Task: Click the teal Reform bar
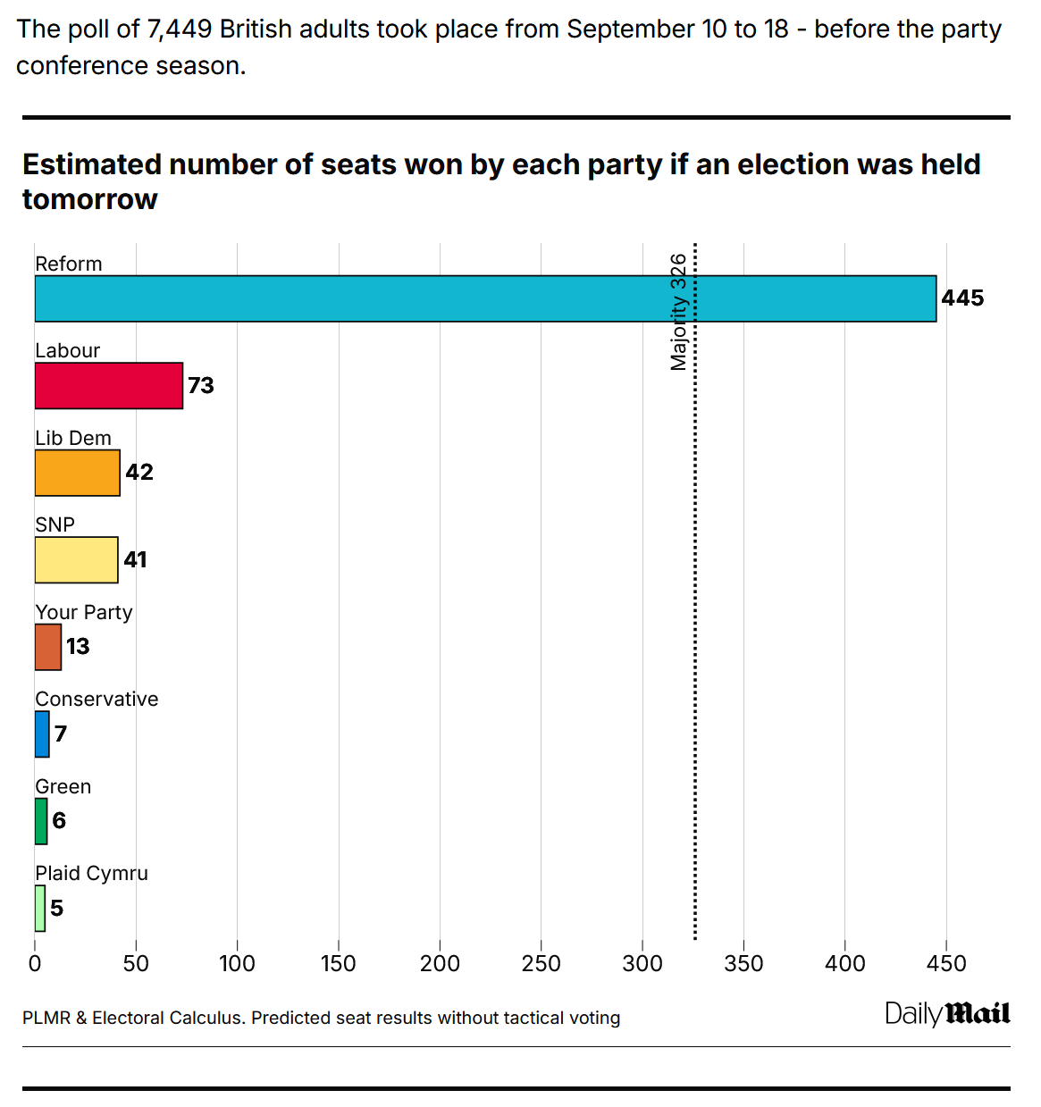pyautogui.click(x=485, y=298)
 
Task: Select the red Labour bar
pyautogui.click(x=109, y=386)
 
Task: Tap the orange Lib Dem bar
pyautogui.click(x=78, y=473)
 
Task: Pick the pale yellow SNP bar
pyautogui.click(x=77, y=560)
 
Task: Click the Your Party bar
pyautogui.click(x=48, y=647)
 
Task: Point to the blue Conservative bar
pyautogui.click(x=42, y=734)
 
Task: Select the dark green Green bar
pyautogui.click(x=41, y=821)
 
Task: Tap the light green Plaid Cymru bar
pyautogui.click(x=40, y=909)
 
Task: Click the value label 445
pyautogui.click(x=962, y=298)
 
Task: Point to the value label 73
pyautogui.click(x=201, y=386)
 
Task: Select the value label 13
pyautogui.click(x=78, y=647)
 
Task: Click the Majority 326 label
pyautogui.click(x=679, y=312)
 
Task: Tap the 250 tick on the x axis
pyautogui.click(x=541, y=963)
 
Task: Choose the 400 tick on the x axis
pyautogui.click(x=844, y=963)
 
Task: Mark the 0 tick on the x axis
pyautogui.click(x=35, y=963)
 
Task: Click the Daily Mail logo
pyautogui.click(x=947, y=1014)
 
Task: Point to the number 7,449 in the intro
pyautogui.click(x=179, y=29)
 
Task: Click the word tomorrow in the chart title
pyautogui.click(x=90, y=199)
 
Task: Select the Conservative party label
pyautogui.click(x=97, y=700)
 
